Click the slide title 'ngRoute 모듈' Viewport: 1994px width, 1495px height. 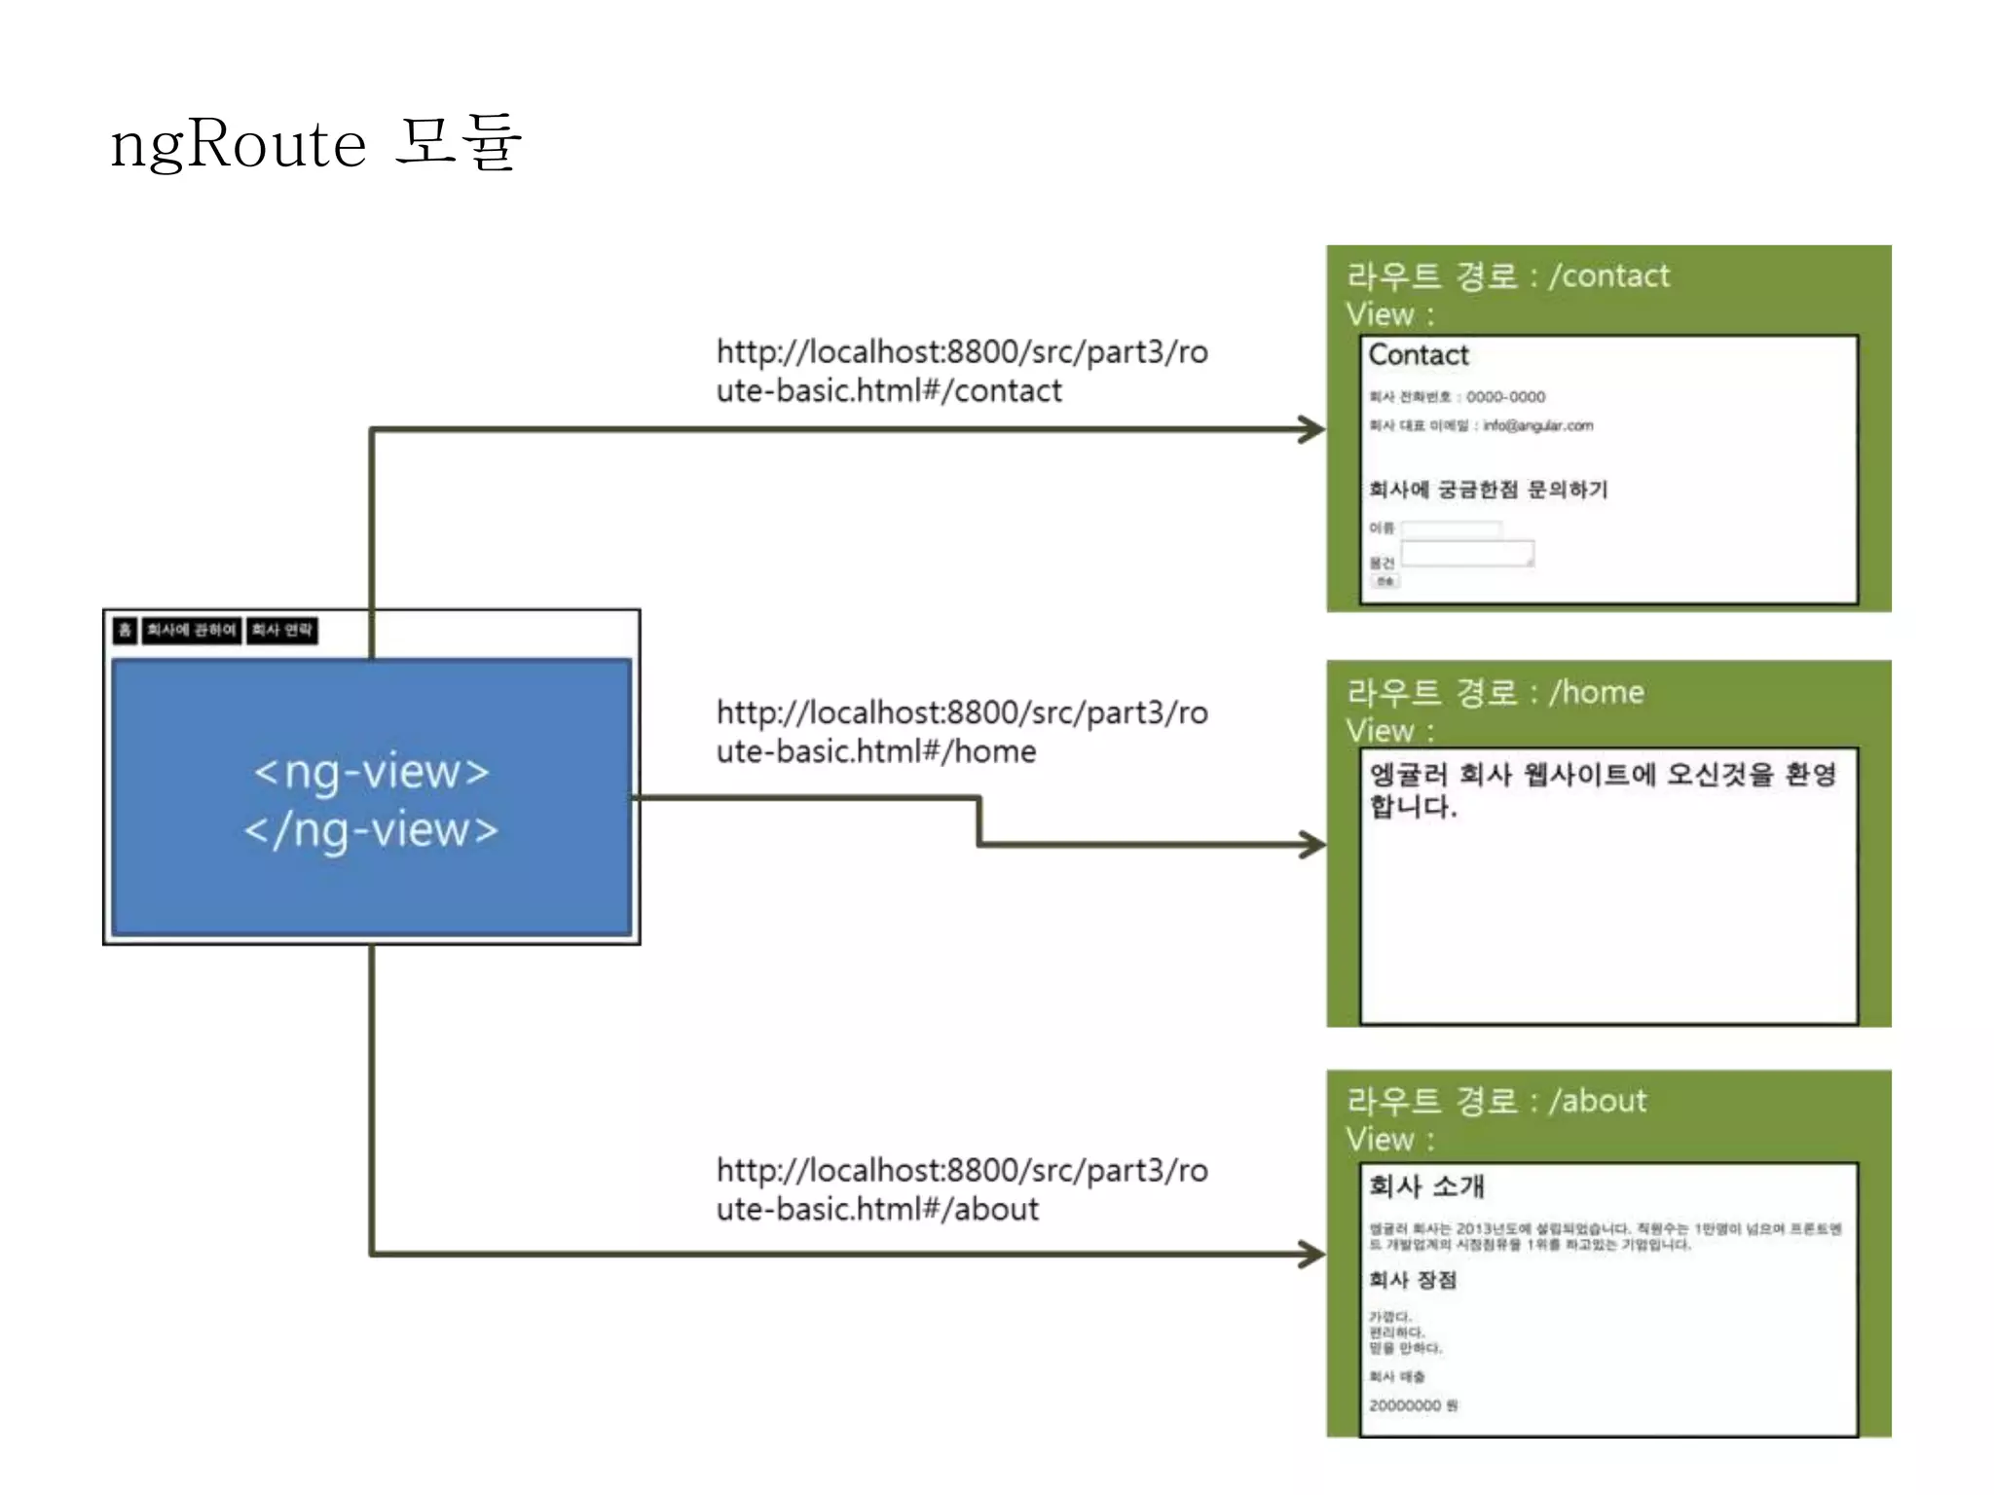tap(315, 143)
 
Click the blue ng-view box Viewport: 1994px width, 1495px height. tap(371, 798)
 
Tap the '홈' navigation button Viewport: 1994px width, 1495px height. tap(125, 630)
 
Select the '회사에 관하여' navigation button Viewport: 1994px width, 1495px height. tap(191, 630)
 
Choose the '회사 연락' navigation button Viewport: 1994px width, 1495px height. tap(281, 630)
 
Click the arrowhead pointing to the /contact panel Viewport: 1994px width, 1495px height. tap(1313, 429)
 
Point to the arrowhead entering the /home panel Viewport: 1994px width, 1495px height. tap(1313, 844)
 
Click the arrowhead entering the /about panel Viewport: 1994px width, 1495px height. tap(1313, 1254)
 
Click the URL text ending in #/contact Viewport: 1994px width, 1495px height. tap(961, 371)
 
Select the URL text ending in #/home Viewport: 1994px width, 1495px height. tap(961, 732)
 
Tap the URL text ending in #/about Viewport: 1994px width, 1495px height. tap(961, 1189)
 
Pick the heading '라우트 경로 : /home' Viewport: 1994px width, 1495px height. tap(1495, 692)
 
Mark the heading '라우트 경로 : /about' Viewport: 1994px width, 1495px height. tap(1496, 1101)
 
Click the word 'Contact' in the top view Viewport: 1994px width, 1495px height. tap(1418, 355)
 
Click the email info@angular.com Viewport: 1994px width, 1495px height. tap(1537, 425)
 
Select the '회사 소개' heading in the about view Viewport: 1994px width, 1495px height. tap(1426, 1185)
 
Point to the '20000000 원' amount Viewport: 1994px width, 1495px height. tap(1413, 1405)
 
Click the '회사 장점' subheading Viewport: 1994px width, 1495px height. tap(1412, 1280)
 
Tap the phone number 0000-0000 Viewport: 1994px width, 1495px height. tap(1505, 397)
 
